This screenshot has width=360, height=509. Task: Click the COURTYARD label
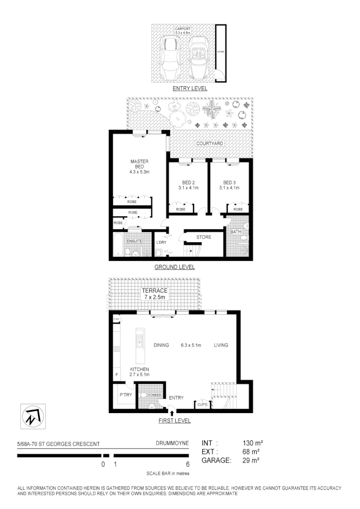[210, 143]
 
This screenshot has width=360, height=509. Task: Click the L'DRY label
[162, 243]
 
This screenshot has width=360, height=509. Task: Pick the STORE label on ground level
[204, 237]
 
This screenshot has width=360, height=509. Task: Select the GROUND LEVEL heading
[174, 267]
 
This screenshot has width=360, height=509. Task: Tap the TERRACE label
[154, 291]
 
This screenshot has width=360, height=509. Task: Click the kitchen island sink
[139, 343]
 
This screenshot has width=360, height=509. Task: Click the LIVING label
[220, 345]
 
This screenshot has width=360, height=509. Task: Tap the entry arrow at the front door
[171, 414]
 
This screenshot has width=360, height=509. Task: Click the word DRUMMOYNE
[172, 444]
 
